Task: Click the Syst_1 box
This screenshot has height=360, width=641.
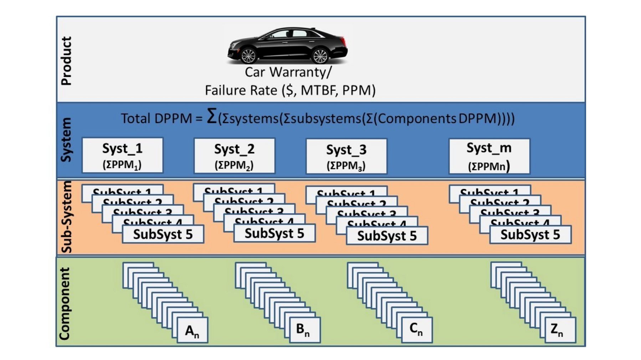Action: (122, 155)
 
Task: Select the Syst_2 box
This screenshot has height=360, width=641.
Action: (234, 156)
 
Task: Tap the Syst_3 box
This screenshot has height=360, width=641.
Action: (346, 156)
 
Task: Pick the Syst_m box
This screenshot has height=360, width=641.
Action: (489, 156)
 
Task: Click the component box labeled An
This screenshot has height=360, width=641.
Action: (192, 330)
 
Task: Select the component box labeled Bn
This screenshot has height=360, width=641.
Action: (304, 330)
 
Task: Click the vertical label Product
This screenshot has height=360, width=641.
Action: (66, 61)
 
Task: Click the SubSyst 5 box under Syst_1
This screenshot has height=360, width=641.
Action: (163, 234)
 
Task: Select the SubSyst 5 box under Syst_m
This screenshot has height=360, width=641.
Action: (530, 235)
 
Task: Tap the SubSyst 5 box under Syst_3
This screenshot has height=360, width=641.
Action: (387, 236)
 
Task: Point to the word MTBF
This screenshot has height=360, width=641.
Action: (319, 90)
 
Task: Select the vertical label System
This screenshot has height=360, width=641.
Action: (66, 140)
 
